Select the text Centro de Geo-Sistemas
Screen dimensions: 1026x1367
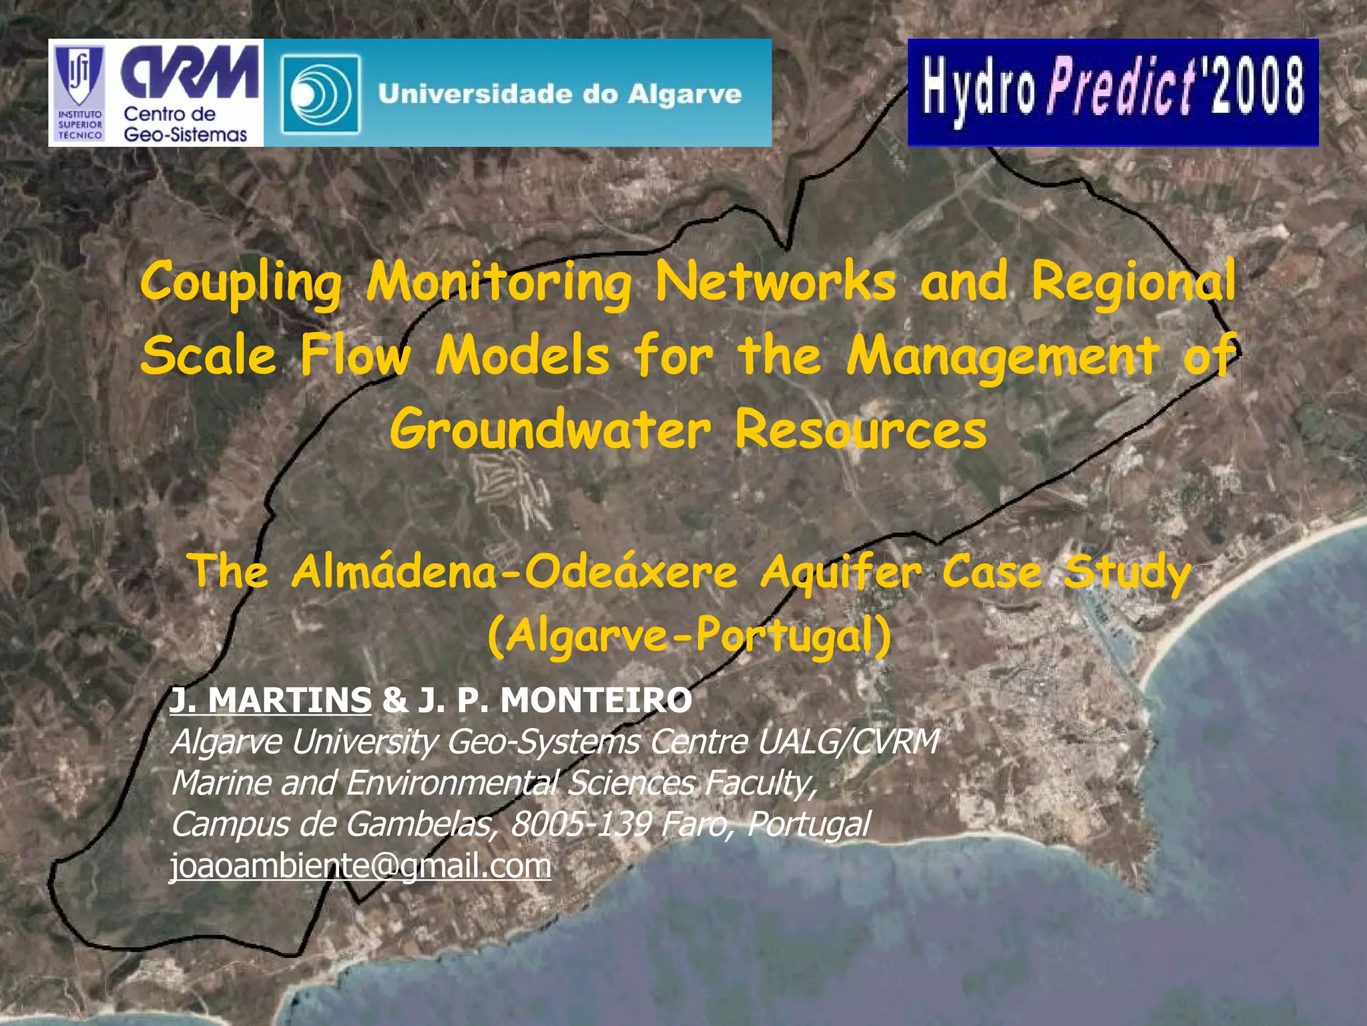(185, 124)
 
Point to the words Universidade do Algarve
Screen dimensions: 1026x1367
(559, 94)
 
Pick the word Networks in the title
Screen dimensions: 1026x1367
(776, 282)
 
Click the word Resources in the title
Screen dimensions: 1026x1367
(860, 430)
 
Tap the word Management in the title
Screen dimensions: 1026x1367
(1003, 356)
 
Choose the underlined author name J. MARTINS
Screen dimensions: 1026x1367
(270, 700)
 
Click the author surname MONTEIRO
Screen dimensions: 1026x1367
(596, 700)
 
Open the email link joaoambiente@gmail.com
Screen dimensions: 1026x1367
(360, 866)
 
